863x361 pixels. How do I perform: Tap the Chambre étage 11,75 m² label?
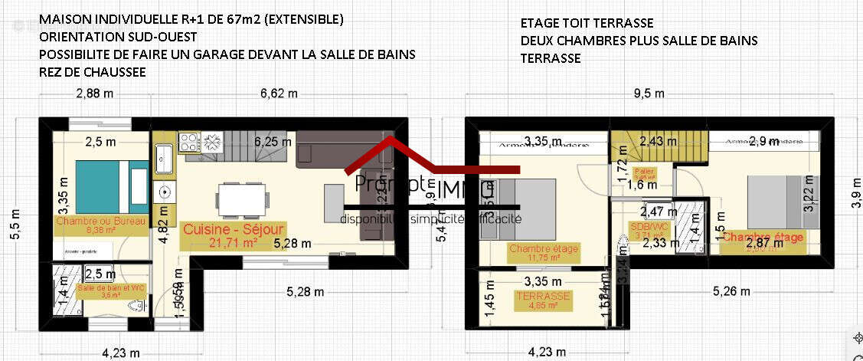pyautogui.click(x=544, y=252)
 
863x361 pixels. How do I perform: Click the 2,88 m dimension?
pyautogui.click(x=95, y=94)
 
